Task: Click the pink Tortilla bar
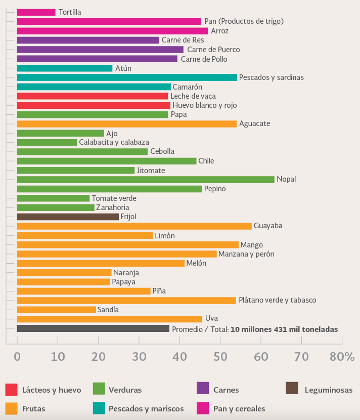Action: click(x=36, y=12)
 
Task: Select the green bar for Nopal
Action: click(x=146, y=180)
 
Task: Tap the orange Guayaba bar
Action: click(x=134, y=226)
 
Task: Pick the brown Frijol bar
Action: click(x=68, y=217)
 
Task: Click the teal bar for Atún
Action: click(x=65, y=68)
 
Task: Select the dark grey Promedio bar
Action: click(x=93, y=329)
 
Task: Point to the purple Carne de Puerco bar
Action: click(x=100, y=50)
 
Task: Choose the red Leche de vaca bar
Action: click(x=93, y=96)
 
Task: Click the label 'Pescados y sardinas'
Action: click(x=271, y=77)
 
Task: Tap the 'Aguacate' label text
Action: click(x=254, y=124)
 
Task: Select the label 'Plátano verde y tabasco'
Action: click(x=277, y=300)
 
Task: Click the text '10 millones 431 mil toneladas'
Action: click(x=284, y=329)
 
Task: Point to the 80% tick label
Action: click(x=342, y=356)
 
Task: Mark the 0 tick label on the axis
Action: click(x=17, y=356)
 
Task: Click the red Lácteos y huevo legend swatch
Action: click(x=12, y=390)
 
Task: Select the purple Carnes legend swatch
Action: click(x=202, y=390)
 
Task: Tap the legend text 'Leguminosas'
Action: click(x=328, y=390)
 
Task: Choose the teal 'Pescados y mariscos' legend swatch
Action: click(x=99, y=408)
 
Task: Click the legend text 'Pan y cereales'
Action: click(x=240, y=408)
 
